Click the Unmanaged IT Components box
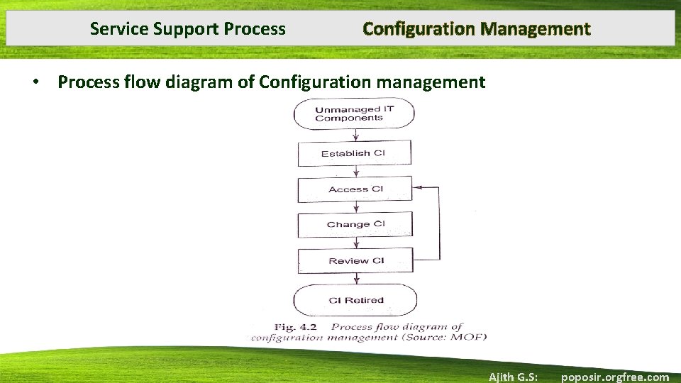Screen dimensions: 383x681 click(x=354, y=113)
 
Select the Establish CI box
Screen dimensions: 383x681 click(x=355, y=153)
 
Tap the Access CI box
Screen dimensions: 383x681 click(x=355, y=189)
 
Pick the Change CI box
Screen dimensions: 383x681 click(x=355, y=224)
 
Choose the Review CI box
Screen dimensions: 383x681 click(x=355, y=260)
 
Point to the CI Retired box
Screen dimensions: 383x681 click(x=355, y=300)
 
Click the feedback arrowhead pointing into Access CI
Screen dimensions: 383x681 click(x=418, y=188)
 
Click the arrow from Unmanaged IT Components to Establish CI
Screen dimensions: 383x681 click(x=355, y=135)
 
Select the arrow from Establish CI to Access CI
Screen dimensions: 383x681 click(x=355, y=171)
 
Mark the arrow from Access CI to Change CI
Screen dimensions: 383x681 click(x=355, y=206)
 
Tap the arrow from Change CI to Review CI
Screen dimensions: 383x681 click(x=355, y=243)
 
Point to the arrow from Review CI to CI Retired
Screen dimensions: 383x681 click(x=355, y=278)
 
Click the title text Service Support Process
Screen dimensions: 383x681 click(x=188, y=29)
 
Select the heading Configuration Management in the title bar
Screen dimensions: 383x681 click(x=476, y=29)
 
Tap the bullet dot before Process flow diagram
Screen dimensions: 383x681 click(x=34, y=83)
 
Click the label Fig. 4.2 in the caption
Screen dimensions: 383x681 click(x=296, y=327)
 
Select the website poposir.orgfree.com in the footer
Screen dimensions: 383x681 click(x=614, y=377)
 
